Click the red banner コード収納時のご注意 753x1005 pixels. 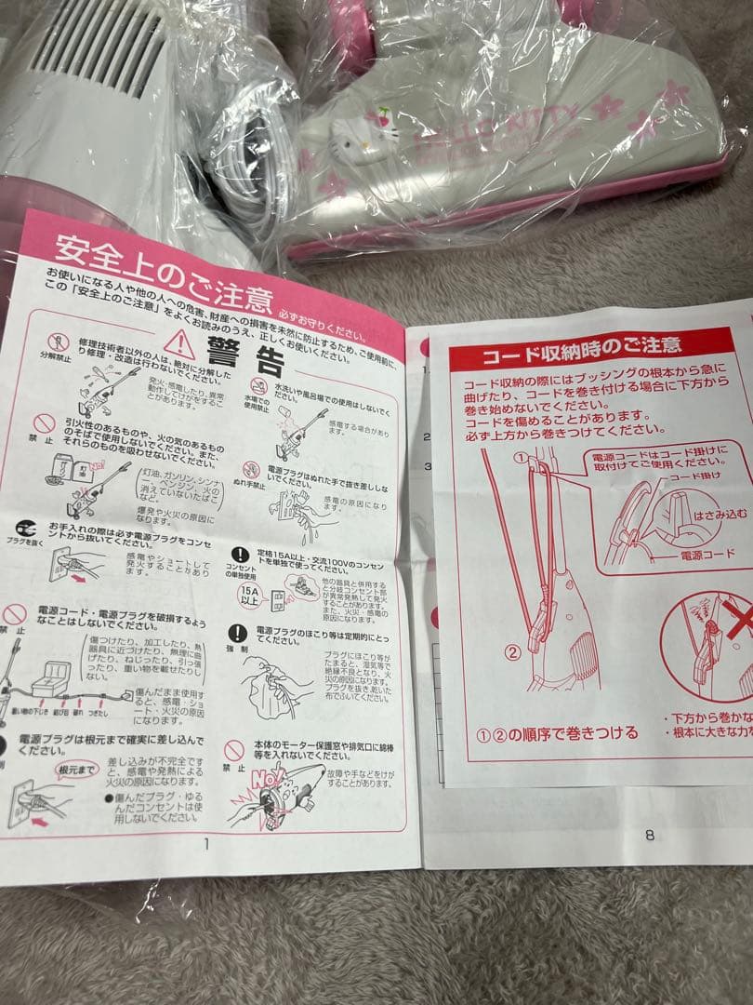point(580,352)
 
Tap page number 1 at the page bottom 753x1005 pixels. point(205,843)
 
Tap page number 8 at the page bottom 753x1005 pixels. point(649,835)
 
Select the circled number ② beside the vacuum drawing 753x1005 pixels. point(512,651)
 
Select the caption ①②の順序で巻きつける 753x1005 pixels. point(558,732)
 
